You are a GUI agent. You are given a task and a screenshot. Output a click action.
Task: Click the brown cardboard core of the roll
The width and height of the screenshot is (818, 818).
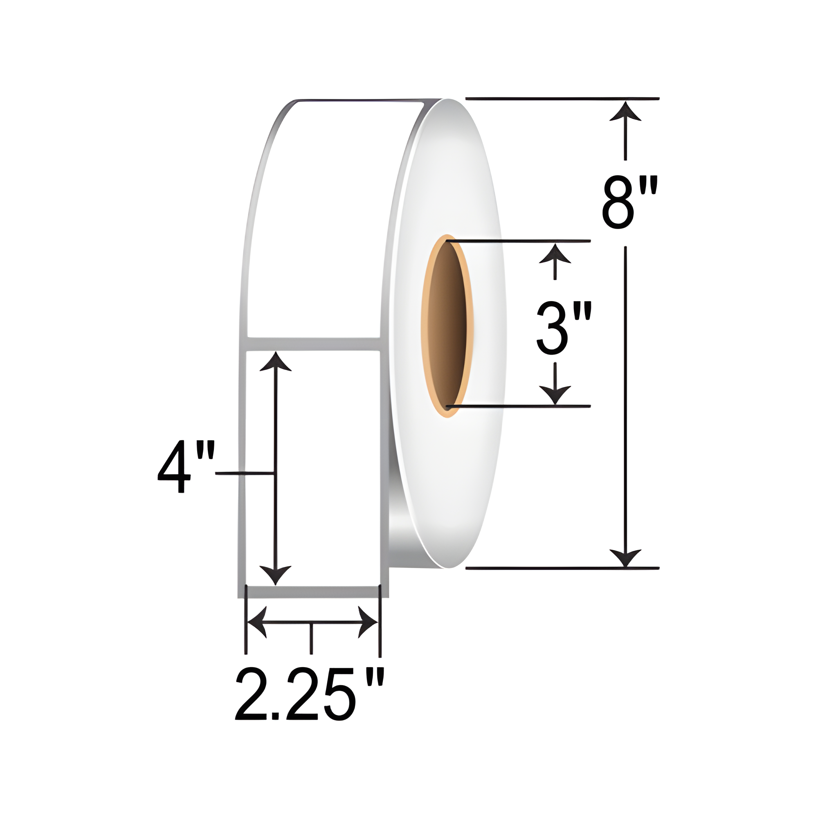point(447,326)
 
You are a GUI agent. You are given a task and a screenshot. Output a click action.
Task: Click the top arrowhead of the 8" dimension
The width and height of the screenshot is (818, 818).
point(625,111)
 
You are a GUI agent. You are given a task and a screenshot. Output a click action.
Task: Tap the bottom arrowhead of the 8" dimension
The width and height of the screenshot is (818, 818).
point(625,557)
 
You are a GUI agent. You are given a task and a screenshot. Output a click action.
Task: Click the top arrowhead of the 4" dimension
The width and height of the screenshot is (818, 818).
point(276,362)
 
